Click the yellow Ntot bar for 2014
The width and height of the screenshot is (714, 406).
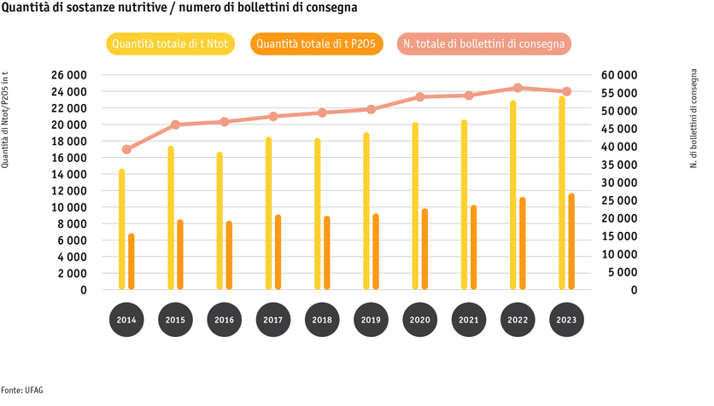122,229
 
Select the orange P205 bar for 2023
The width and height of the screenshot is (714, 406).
571,241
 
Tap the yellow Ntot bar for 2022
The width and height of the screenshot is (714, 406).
512,195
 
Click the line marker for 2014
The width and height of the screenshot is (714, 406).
126,149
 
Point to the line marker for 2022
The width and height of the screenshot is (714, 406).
518,88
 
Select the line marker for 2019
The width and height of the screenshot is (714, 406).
371,109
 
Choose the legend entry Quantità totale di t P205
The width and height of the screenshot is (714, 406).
318,43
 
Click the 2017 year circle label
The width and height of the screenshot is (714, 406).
272,320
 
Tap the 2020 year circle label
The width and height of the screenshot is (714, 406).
419,320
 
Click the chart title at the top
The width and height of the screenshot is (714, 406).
178,8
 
